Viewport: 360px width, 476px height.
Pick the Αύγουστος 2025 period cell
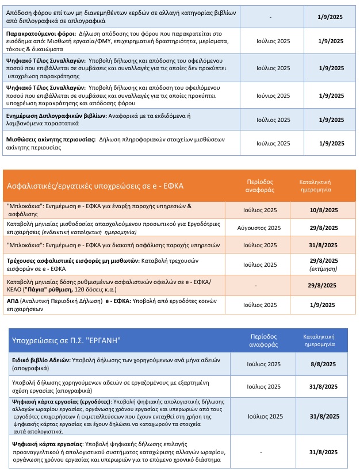click(259, 228)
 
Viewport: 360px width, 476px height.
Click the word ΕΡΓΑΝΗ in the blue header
click(105, 340)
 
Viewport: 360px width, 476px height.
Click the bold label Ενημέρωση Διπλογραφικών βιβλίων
click(56, 115)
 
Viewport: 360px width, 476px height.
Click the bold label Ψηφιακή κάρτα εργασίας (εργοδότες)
click(62, 401)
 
